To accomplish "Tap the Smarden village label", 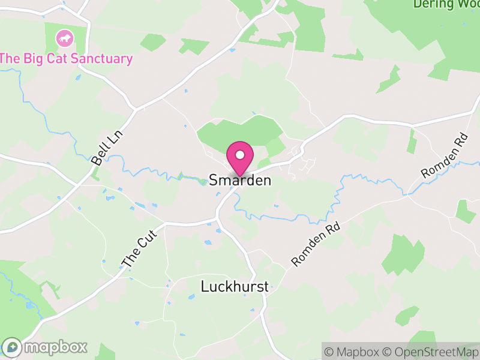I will click(240, 180).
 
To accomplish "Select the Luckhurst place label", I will click(234, 286).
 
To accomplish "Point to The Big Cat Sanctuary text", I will click(66, 58).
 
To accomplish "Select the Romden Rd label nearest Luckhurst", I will click(316, 245).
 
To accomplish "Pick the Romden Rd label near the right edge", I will click(444, 155).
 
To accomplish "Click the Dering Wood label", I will click(446, 4).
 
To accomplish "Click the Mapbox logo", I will click(46, 347).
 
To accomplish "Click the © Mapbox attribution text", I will click(352, 352).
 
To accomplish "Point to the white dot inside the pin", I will click(240, 155).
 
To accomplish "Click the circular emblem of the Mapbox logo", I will click(12, 347).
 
